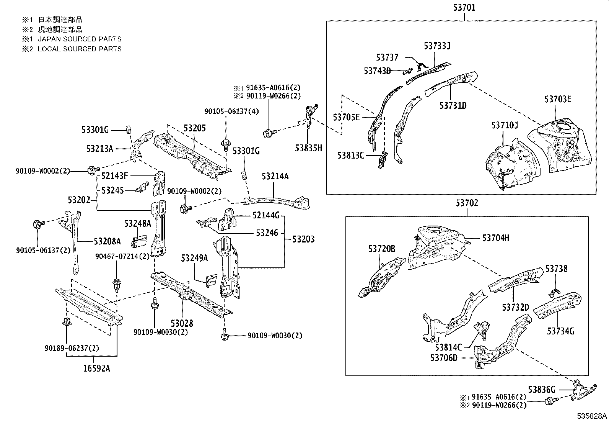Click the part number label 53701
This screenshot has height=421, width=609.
pos(464,7)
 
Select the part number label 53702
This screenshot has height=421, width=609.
pos(467,203)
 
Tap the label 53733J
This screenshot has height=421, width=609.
pos(437,46)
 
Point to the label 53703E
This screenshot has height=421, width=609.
pos(558,99)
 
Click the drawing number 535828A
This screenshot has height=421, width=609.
pos(592,416)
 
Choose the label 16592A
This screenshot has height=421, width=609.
pos(96,369)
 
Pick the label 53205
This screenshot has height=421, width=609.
pos(194,128)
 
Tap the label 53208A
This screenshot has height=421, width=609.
pos(107,241)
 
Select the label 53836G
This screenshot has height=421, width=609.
pos(541,390)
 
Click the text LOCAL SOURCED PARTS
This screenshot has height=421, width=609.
pos(80,49)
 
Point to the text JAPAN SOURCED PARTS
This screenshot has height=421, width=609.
pos(80,39)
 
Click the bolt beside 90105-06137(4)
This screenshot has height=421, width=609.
pos(225,145)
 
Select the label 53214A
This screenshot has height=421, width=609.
pos(275,176)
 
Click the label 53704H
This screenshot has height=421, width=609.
pos(495,238)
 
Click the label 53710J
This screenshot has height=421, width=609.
pos(505,125)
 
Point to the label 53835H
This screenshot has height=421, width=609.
pos(308,148)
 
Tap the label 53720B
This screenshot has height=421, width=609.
pos(382,249)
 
